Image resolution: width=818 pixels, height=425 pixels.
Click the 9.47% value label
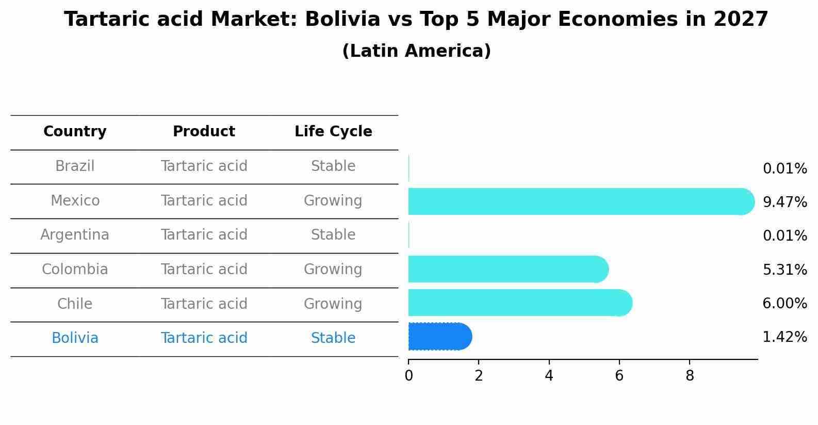coord(784,202)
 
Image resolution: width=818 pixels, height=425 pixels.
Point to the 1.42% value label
coord(784,337)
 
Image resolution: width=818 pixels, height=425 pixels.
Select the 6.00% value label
coord(784,303)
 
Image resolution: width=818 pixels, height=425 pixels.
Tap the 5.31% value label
coord(784,270)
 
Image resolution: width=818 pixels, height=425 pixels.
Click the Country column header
coord(75,132)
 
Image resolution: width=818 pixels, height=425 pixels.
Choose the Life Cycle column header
coord(333,132)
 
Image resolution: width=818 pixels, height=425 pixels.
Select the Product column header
coord(204,132)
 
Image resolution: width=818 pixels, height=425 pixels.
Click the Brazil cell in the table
coord(75,166)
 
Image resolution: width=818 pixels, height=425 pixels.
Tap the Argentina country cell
coord(75,235)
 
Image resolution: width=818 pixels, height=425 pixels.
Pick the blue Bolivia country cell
coord(75,338)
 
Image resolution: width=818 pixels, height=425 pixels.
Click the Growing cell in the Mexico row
coord(333,200)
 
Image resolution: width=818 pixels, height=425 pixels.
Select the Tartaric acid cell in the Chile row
coord(204,304)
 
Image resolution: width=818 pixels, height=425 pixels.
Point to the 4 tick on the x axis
coord(549,375)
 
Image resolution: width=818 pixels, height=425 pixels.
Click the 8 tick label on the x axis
coord(690,375)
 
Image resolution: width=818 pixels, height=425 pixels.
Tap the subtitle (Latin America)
coord(416,51)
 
